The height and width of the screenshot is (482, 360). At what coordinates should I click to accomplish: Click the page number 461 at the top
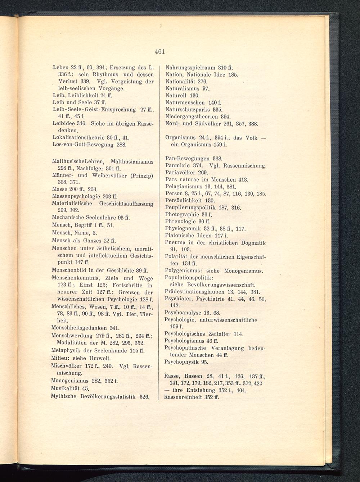[159, 51]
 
